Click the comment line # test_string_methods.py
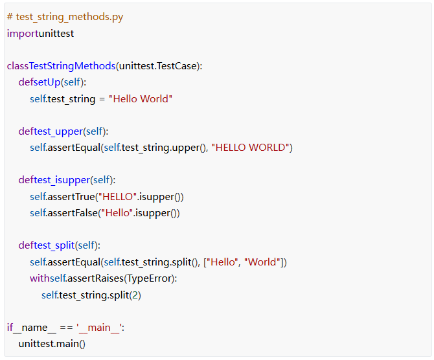click(65, 17)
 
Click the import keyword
click(22, 33)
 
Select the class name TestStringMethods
click(73, 65)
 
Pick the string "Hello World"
click(141, 98)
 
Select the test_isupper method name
click(62, 180)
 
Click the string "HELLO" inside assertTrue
click(119, 196)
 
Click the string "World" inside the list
click(263, 262)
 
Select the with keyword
click(40, 278)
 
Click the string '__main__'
click(98, 328)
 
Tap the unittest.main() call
click(52, 344)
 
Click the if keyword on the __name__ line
click(10, 328)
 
